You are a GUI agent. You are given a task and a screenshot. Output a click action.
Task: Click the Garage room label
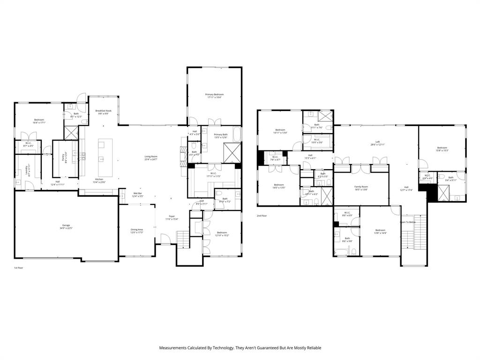pos(66,225)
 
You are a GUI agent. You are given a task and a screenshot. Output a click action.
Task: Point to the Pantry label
pos(66,154)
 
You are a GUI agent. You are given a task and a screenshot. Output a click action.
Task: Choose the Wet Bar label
pos(138,193)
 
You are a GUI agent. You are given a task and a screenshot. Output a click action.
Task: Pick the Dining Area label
pos(137,229)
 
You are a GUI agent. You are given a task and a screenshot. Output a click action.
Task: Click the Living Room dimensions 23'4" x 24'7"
pos(150,160)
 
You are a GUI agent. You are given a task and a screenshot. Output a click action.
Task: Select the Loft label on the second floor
pos(377,142)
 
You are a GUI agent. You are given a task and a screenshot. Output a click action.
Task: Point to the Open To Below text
pos(407,222)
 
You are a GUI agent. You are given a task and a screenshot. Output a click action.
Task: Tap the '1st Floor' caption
pos(18,268)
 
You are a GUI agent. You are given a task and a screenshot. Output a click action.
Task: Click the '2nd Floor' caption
pos(261,216)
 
